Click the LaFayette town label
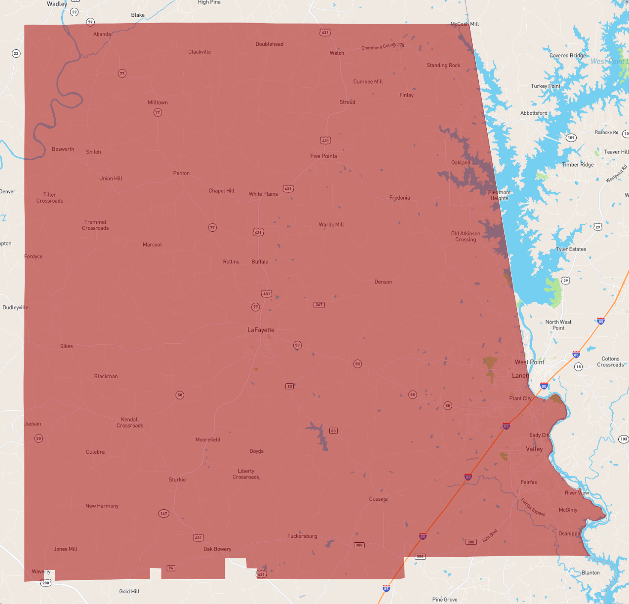[261, 330]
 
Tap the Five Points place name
[323, 156]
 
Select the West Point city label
[529, 362]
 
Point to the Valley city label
[534, 449]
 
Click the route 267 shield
[319, 305]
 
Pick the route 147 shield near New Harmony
[164, 513]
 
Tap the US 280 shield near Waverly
[46, 583]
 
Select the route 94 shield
[171, 568]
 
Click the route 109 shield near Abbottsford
[571, 138]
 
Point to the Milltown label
[158, 102]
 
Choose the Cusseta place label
[378, 499]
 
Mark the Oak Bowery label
[217, 549]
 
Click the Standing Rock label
[443, 65]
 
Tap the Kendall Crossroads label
[130, 422]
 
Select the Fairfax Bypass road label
[533, 507]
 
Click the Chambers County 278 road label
[382, 46]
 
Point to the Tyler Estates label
[571, 249]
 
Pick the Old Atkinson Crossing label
[465, 236]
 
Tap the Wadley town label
[57, 4]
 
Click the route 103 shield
[623, 439]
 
